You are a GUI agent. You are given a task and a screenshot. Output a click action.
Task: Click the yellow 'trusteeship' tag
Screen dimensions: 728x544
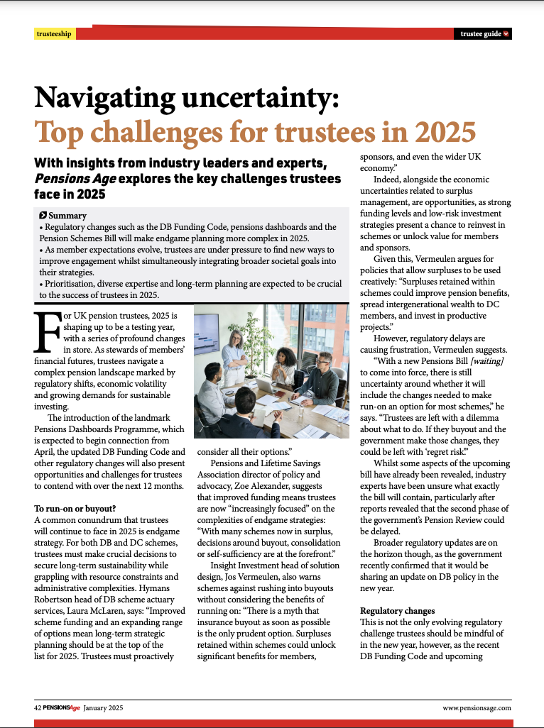pos(54,34)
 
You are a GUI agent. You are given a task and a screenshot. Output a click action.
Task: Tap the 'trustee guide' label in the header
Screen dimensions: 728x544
pos(481,34)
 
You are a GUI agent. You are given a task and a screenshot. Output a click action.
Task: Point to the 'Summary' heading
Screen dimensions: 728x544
pos(67,216)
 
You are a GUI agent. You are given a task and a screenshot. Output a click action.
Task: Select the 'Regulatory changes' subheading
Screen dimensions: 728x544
pos(397,610)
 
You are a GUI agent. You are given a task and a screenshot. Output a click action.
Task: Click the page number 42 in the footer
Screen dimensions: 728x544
pos(38,707)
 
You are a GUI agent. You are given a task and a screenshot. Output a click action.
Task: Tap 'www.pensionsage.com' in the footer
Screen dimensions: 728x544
pos(476,707)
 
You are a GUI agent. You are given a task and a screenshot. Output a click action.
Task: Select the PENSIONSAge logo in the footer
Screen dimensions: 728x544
pos(62,707)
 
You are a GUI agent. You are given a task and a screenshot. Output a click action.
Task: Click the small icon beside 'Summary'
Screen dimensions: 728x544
pos(43,216)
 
